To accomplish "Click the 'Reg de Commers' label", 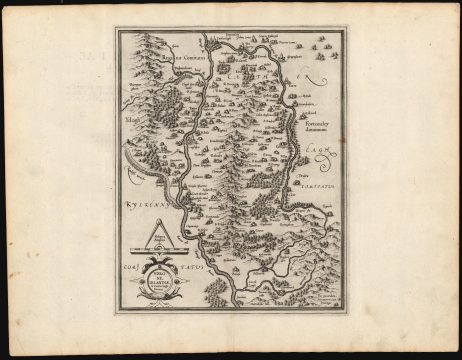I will tap(172, 59).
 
